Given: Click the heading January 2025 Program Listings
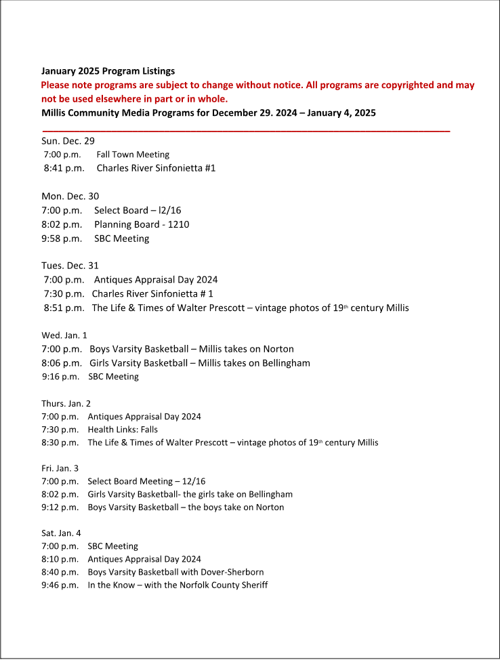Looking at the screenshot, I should (108, 71).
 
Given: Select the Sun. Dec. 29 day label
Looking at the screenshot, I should (68, 141).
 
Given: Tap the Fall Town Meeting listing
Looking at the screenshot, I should (133, 154).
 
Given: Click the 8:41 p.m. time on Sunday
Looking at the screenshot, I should (64, 167).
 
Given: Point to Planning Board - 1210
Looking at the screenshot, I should (142, 224).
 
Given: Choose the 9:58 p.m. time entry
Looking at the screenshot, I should (62, 239).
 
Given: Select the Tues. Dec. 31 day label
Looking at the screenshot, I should (70, 266).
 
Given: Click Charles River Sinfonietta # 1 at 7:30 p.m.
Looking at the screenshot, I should (152, 293).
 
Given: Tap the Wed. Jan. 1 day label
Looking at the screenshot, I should (64, 335).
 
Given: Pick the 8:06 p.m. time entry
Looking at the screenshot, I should (62, 363).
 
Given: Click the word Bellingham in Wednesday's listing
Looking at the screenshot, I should (280, 363).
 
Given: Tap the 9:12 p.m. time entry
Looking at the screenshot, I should (60, 507).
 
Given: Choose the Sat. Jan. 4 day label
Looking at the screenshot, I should (61, 533).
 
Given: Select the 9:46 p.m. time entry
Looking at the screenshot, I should (60, 585).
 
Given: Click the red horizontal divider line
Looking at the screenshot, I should (246, 130).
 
